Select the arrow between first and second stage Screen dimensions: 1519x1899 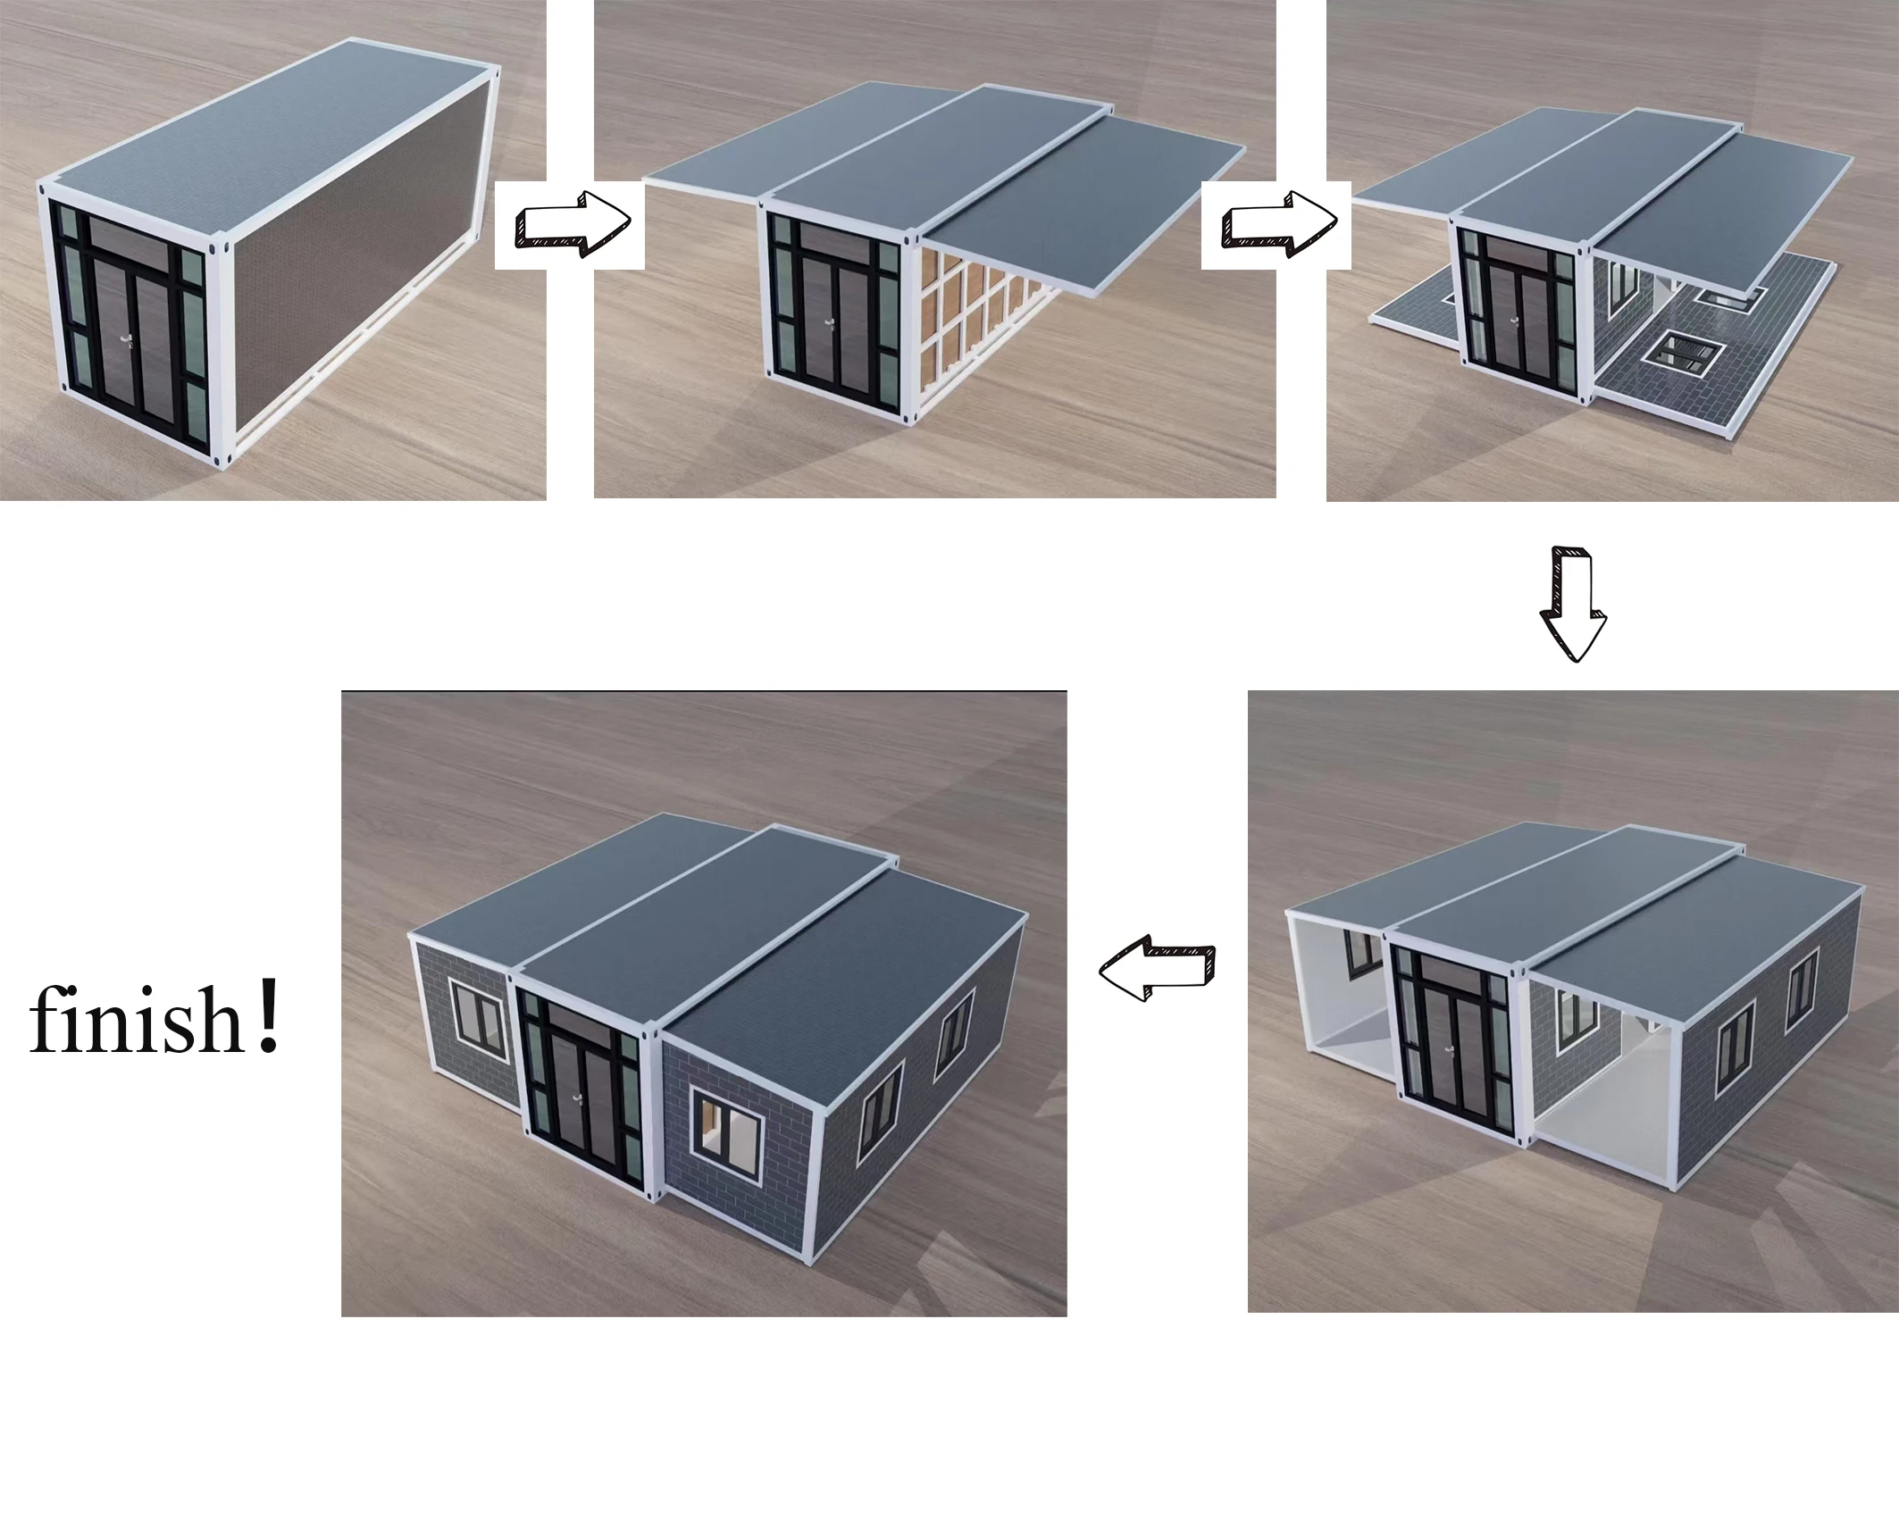coord(572,223)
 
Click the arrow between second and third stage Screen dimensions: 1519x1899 coord(1277,223)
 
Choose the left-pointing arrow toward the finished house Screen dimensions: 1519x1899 coord(1157,969)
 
